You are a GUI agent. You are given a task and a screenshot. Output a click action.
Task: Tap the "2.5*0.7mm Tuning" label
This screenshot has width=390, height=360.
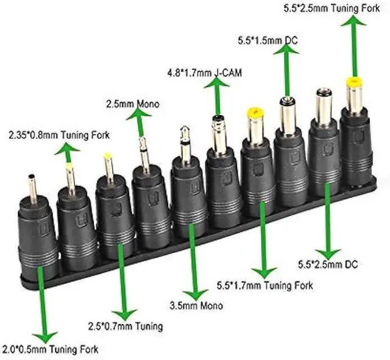[126, 326]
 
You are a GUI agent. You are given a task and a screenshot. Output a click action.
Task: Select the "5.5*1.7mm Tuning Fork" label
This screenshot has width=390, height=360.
[264, 284]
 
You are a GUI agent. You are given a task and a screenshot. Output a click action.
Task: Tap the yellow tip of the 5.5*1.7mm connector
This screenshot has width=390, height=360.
[255, 113]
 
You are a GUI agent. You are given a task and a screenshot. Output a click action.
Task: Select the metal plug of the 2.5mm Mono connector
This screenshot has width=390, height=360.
[144, 154]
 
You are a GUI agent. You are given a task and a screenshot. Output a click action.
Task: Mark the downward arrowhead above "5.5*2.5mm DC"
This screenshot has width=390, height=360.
[328, 252]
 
